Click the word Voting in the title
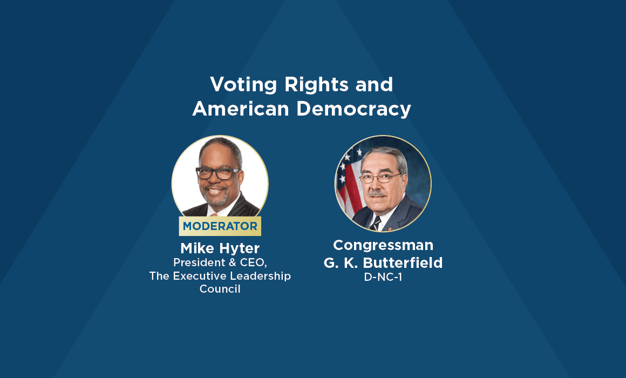click(243, 85)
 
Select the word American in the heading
click(240, 109)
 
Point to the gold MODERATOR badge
click(220, 226)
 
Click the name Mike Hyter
click(220, 248)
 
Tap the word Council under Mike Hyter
click(220, 289)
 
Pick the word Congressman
click(383, 245)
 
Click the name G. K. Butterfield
click(383, 263)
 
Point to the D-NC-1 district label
click(383, 277)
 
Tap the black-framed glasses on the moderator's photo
click(217, 173)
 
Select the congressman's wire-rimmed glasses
click(380, 178)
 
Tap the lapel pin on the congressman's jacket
click(389, 229)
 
